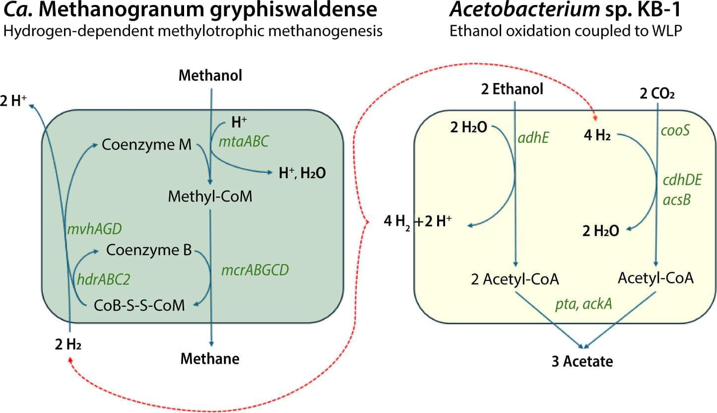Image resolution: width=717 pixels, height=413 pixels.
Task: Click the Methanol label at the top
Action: pyautogui.click(x=210, y=76)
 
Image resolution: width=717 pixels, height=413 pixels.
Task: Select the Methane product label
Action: pyautogui.click(x=210, y=358)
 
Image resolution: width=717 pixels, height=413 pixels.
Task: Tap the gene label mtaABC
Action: pyautogui.click(x=244, y=141)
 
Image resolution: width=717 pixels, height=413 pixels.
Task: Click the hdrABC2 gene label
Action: pyautogui.click(x=103, y=280)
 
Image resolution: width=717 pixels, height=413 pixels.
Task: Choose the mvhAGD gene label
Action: pyautogui.click(x=94, y=229)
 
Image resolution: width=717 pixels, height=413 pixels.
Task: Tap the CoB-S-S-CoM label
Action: pyautogui.click(x=139, y=305)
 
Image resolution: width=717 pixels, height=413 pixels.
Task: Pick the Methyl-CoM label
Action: pyautogui.click(x=210, y=197)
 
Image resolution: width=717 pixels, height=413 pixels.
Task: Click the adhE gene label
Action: pyautogui.click(x=533, y=138)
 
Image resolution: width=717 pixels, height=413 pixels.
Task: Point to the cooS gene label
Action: pyautogui.click(x=675, y=131)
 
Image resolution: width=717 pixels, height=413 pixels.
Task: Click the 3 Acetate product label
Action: pyautogui.click(x=582, y=361)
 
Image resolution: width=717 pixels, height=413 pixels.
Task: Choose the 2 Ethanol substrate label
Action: pyautogui.click(x=512, y=89)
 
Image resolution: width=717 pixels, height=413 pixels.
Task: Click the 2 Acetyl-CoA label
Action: pyautogui.click(x=515, y=279)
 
